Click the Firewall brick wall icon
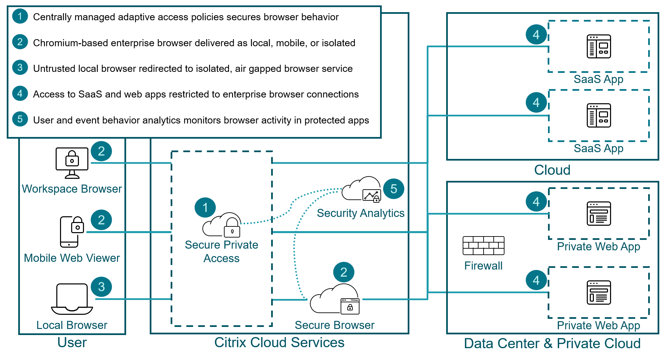(x=483, y=246)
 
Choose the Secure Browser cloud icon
(x=335, y=299)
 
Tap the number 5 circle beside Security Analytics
(x=394, y=189)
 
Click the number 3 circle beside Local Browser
(x=101, y=287)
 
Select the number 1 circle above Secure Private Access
(x=205, y=207)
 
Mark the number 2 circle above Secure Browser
(x=344, y=272)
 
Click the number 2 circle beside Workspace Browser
(x=101, y=151)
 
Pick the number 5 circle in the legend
(x=20, y=119)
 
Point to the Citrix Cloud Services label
(x=279, y=342)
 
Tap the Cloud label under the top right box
(x=552, y=170)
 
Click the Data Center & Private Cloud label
(x=552, y=343)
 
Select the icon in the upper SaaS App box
(x=599, y=47)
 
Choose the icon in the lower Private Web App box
(x=599, y=293)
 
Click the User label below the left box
(x=72, y=342)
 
